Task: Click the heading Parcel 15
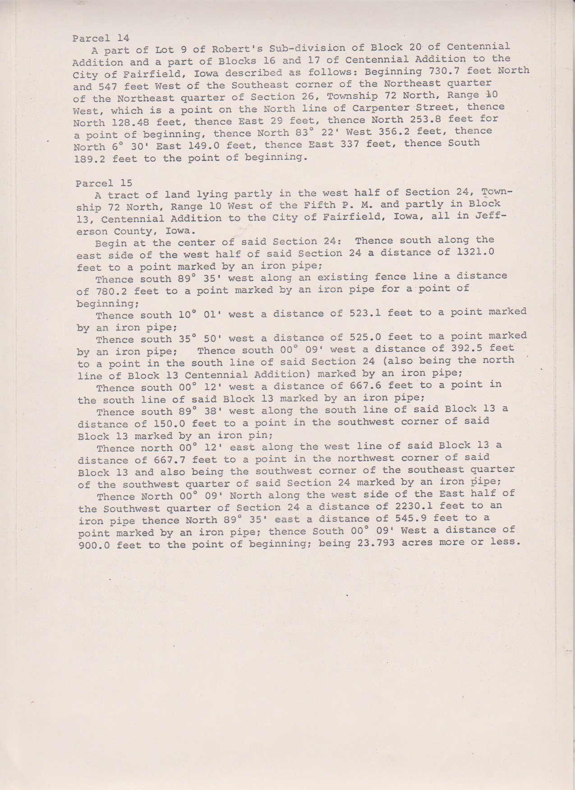click(104, 183)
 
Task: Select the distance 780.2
click(111, 291)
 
